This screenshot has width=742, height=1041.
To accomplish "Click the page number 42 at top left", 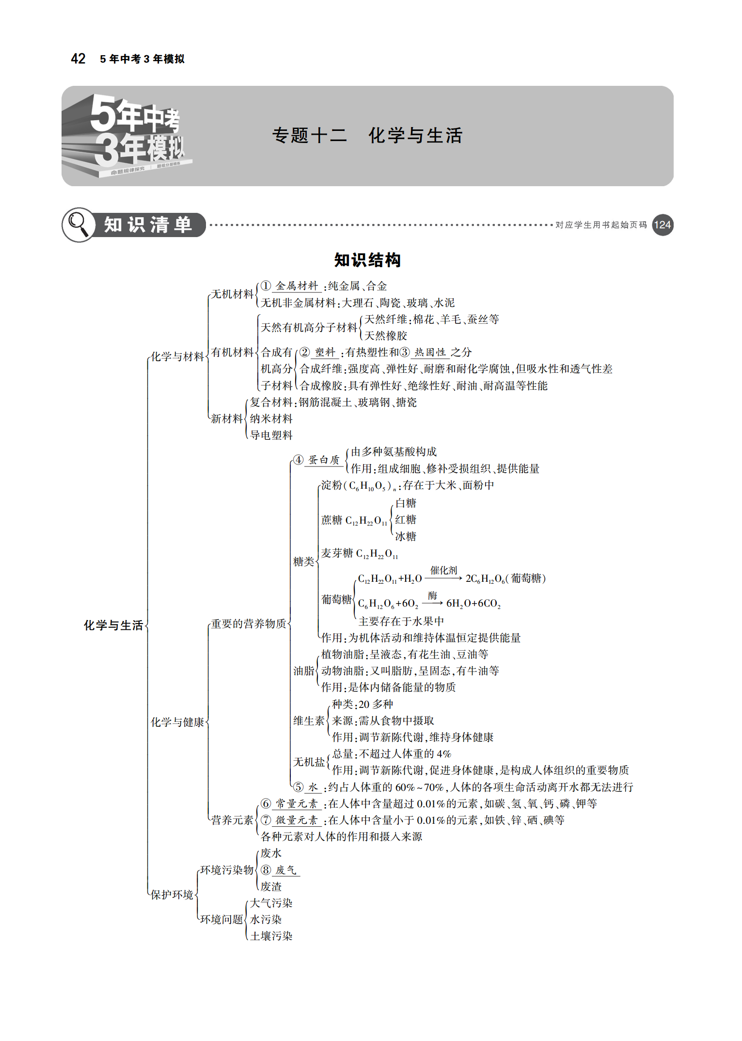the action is click(78, 59).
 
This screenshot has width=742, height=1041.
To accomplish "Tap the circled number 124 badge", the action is click(663, 225).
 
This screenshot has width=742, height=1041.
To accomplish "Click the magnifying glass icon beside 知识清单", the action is click(78, 224).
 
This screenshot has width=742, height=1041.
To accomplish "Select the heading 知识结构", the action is click(367, 260).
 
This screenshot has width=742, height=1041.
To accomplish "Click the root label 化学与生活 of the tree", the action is click(113, 625).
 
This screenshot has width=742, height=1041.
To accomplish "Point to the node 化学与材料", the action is click(177, 356).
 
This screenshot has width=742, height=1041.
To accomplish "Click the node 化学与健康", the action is click(177, 722).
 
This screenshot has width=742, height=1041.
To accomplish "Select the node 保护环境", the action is click(172, 895).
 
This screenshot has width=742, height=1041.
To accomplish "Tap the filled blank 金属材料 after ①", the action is click(297, 286).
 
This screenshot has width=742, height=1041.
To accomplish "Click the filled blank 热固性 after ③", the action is click(430, 352).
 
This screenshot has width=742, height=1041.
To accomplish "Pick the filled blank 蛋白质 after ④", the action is click(324, 460).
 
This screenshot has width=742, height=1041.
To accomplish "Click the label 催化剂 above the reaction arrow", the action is click(444, 570).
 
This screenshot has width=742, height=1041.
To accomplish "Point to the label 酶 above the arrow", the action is click(433, 595).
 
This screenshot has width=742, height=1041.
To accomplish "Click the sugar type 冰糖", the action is click(406, 536).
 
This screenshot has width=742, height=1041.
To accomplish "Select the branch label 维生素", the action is click(309, 721).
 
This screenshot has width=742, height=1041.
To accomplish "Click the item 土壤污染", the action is click(271, 936).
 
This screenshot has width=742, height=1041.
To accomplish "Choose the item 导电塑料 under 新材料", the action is click(271, 435).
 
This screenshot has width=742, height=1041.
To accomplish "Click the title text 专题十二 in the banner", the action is click(310, 135).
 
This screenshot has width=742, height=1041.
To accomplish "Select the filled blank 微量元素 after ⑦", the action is click(297, 820).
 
